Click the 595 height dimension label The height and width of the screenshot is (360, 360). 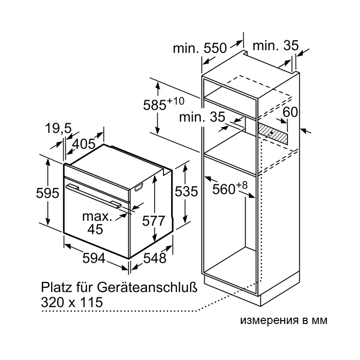(48, 193)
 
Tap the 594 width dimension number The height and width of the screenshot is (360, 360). (94, 258)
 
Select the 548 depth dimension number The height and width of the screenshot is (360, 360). (155, 258)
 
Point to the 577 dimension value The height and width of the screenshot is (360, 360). (154, 221)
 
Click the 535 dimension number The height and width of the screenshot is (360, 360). (186, 191)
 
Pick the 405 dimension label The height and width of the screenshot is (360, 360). (84, 144)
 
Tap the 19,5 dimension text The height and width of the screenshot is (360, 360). (58, 128)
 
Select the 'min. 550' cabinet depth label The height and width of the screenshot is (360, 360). (200, 48)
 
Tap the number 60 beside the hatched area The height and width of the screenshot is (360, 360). (290, 112)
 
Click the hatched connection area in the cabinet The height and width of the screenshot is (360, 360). (272, 133)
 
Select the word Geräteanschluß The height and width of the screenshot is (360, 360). (147, 287)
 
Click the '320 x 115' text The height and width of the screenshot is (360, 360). (72, 302)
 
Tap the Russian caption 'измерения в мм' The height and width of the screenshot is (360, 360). (284, 320)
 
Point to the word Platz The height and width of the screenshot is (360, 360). (56, 287)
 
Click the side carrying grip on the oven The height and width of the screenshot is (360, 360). (139, 187)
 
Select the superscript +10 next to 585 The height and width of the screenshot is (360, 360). (176, 101)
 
